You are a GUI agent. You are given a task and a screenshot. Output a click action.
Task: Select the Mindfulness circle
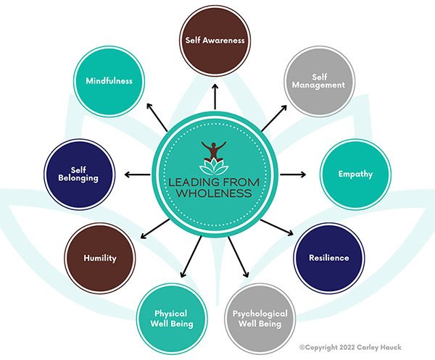pyautogui.click(x=109, y=81)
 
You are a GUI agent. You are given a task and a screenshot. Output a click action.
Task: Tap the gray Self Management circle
pyautogui.click(x=319, y=80)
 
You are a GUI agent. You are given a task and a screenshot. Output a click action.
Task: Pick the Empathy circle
pyautogui.click(x=355, y=175)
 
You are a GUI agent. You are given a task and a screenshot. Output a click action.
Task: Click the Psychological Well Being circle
pyautogui.click(x=259, y=318)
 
